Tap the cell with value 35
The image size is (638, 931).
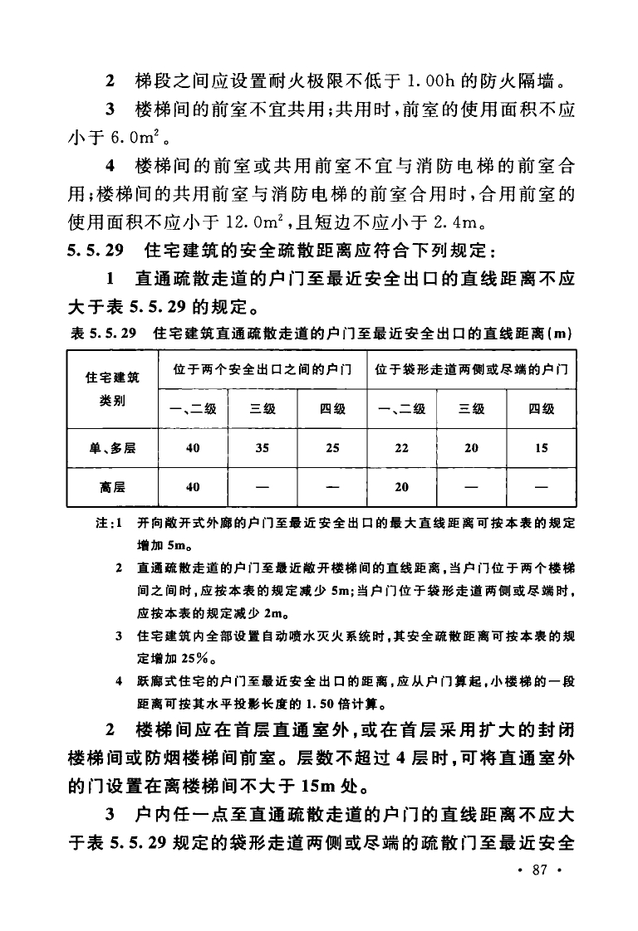[x=262, y=448]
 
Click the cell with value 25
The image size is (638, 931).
[x=332, y=448]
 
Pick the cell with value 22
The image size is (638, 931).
[x=402, y=448]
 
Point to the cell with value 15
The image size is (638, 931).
[x=542, y=448]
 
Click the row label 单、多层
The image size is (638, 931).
[x=112, y=448]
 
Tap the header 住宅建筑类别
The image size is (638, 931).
[x=112, y=388]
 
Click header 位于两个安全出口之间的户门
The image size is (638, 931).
[x=262, y=368]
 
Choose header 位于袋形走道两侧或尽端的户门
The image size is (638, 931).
[x=472, y=368]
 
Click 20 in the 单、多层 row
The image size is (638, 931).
[x=472, y=448]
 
